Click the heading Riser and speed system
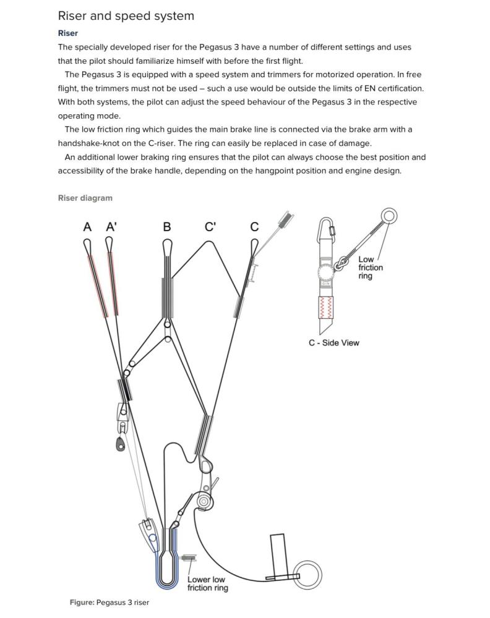click(126, 16)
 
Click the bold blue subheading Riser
click(68, 33)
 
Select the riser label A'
click(111, 227)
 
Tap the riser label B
click(167, 227)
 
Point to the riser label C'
click(210, 227)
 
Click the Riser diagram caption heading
click(85, 198)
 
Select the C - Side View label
click(334, 342)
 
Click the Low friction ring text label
click(370, 268)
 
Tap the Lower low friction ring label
click(207, 583)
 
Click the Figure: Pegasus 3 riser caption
click(110, 603)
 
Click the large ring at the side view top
click(389, 216)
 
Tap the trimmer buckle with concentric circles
click(203, 501)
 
